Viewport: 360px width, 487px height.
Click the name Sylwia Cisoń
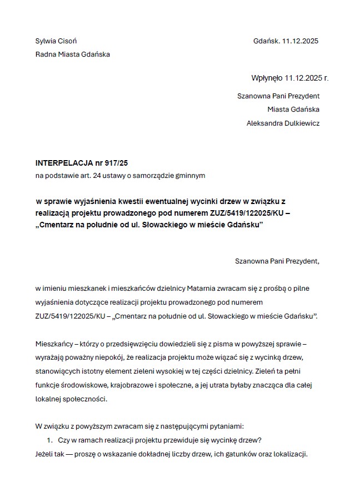click(56, 41)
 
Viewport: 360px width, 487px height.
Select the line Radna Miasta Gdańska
click(72, 54)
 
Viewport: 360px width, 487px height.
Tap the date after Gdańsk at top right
click(300, 41)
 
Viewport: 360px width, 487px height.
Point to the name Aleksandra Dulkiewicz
click(283, 123)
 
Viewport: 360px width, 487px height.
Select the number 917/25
click(117, 163)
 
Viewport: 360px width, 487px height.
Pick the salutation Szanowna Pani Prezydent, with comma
click(277, 260)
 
